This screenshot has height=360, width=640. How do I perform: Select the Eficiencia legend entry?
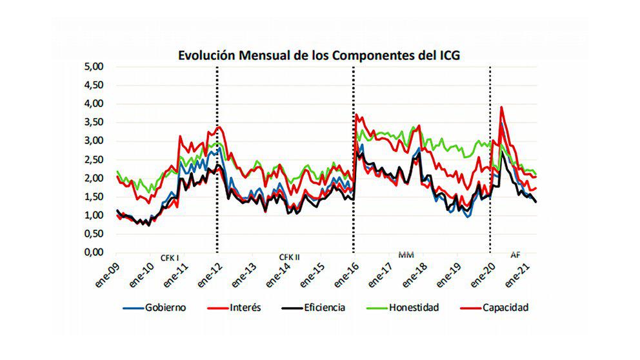[321, 308]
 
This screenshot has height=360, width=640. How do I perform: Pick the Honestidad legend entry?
[413, 308]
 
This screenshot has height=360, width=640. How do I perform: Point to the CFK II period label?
[290, 256]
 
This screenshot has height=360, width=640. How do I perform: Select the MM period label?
[406, 255]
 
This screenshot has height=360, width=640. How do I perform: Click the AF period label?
[515, 255]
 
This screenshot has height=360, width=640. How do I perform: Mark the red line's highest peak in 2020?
[501, 107]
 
